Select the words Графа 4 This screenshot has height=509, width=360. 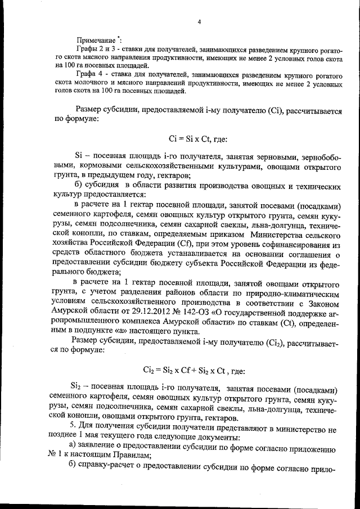91,74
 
